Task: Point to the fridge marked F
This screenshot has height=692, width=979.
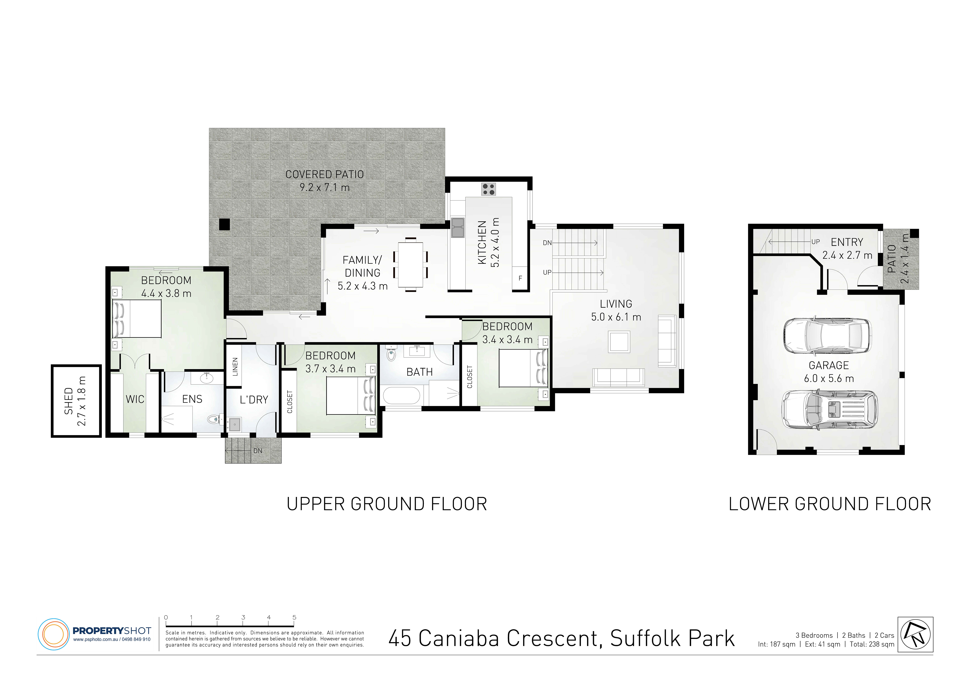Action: click(x=520, y=278)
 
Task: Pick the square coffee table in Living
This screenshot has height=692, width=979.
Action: click(x=619, y=342)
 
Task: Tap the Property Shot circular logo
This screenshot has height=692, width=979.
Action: click(x=54, y=634)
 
